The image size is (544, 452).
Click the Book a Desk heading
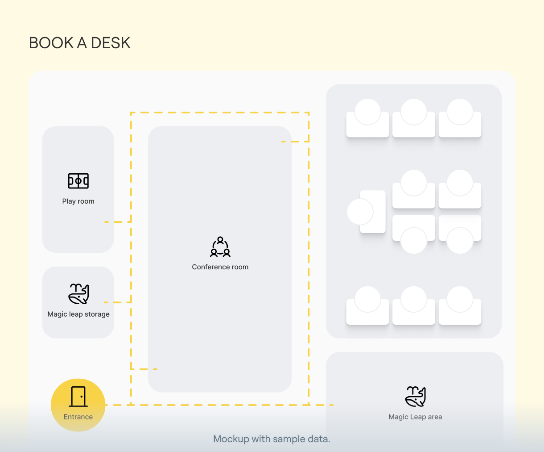(80, 43)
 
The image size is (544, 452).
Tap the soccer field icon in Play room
(78, 181)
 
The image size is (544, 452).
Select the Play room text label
(78, 201)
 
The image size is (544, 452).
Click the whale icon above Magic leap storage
(78, 293)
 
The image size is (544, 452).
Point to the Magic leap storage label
(78, 314)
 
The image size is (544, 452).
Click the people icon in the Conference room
(220, 247)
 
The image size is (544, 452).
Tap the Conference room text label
(220, 267)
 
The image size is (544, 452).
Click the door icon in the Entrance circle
(78, 396)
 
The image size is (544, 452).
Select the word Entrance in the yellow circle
(78, 417)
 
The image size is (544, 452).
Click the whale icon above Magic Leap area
(416, 396)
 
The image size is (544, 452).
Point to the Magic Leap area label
(416, 417)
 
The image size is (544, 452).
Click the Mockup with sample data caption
(272, 439)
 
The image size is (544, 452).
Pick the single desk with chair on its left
(373, 212)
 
